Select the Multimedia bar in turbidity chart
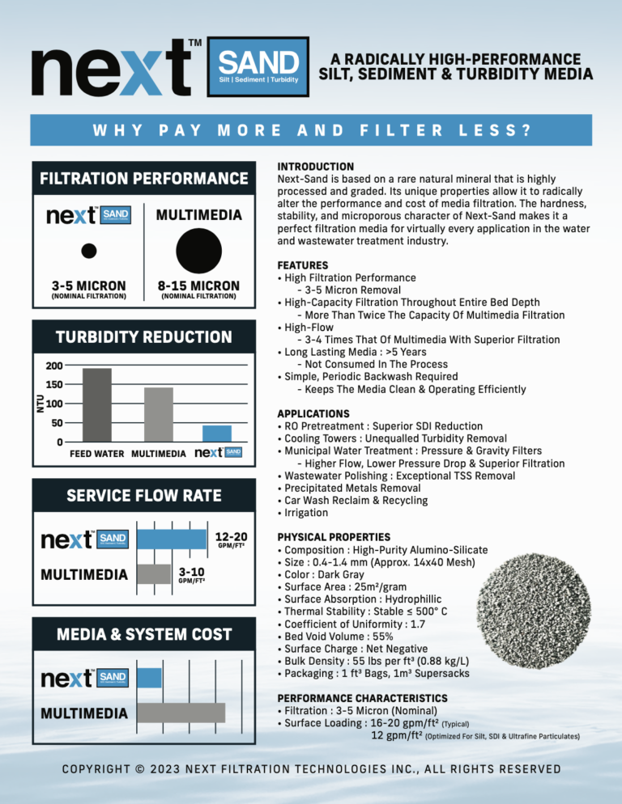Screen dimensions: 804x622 tap(159, 414)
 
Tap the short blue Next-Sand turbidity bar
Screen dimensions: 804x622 tap(218, 433)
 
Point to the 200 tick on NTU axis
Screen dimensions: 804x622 tap(54, 366)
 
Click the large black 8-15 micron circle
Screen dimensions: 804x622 tap(199, 248)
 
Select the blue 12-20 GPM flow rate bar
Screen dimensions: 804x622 tap(172, 539)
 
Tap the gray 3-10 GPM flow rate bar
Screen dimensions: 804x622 tap(154, 574)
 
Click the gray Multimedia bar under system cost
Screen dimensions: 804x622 tap(181, 712)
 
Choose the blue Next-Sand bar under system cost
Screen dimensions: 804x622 tap(149, 677)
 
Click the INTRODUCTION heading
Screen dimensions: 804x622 tap(315, 167)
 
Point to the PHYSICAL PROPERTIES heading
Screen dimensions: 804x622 tap(334, 536)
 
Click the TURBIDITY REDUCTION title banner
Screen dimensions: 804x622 tap(143, 337)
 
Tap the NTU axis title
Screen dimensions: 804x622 tap(40, 404)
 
